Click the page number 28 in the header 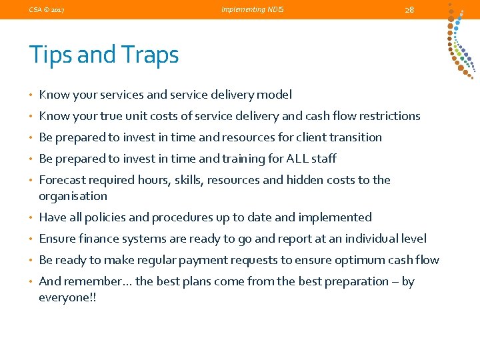click(x=409, y=9)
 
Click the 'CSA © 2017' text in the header click(x=47, y=9)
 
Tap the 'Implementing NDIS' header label click(x=253, y=9)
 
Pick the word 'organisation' click(x=73, y=196)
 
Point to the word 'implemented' click(x=338, y=217)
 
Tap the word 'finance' click(x=99, y=239)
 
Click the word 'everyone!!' click(x=67, y=297)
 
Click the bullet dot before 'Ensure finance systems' click(x=32, y=239)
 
